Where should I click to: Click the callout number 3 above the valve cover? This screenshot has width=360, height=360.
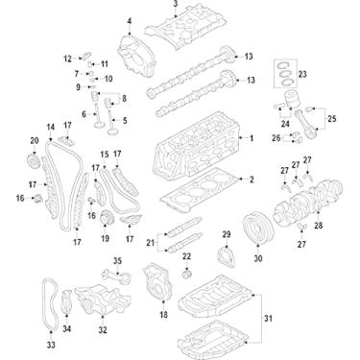(x=175, y=5)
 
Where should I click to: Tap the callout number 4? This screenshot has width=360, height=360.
(x=129, y=20)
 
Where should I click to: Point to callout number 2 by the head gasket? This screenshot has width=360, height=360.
(x=252, y=180)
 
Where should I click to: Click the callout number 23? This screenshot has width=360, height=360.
(x=301, y=74)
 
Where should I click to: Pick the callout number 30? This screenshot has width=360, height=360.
(x=257, y=258)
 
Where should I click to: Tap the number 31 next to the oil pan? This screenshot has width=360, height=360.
(x=296, y=320)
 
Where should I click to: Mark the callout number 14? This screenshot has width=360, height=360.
(x=50, y=128)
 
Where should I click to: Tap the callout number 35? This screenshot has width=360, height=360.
(x=118, y=260)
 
